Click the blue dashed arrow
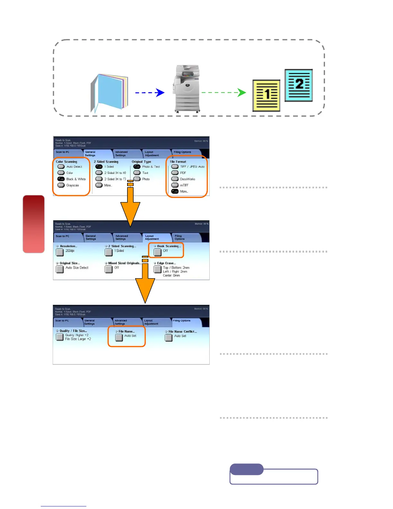click(x=150, y=93)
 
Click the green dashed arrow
click(x=223, y=93)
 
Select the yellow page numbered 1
click(x=266, y=95)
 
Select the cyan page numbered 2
click(x=299, y=85)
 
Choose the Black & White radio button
click(x=61, y=179)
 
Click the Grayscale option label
click(x=73, y=185)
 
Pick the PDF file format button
click(x=175, y=173)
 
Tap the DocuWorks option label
click(x=188, y=179)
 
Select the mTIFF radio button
click(x=175, y=185)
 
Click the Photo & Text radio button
click(x=137, y=167)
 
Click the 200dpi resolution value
click(x=70, y=251)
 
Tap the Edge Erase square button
click(x=158, y=269)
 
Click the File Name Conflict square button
click(x=169, y=338)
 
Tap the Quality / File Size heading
click(x=73, y=331)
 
